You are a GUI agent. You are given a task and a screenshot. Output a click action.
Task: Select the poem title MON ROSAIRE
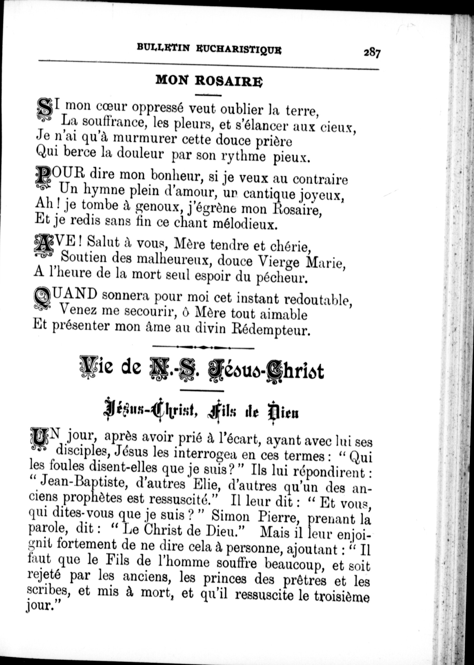click(209, 80)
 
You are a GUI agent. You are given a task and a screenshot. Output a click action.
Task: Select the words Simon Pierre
click(230, 517)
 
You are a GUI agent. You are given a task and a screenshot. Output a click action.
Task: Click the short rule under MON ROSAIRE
click(209, 95)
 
